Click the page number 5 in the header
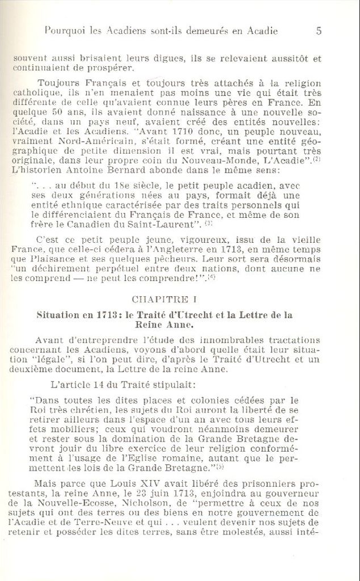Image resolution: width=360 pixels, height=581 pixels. (319, 31)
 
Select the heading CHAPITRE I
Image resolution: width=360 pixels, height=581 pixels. (164, 299)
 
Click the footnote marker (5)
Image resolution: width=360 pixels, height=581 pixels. (220, 466)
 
